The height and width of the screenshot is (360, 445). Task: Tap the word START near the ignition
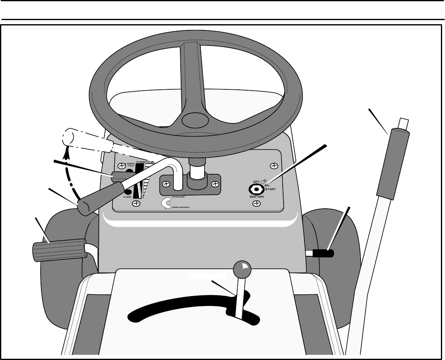pyautogui.click(x=270, y=189)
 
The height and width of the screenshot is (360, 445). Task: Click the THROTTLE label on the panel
pyautogui.click(x=145, y=162)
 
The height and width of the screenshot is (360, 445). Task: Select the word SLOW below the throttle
pyautogui.click(x=128, y=197)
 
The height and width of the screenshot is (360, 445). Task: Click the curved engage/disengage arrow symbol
pyautogui.click(x=165, y=203)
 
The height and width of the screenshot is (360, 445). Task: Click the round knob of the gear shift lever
pyautogui.click(x=241, y=268)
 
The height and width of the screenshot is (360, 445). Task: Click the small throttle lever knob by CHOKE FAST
pyautogui.click(x=119, y=176)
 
